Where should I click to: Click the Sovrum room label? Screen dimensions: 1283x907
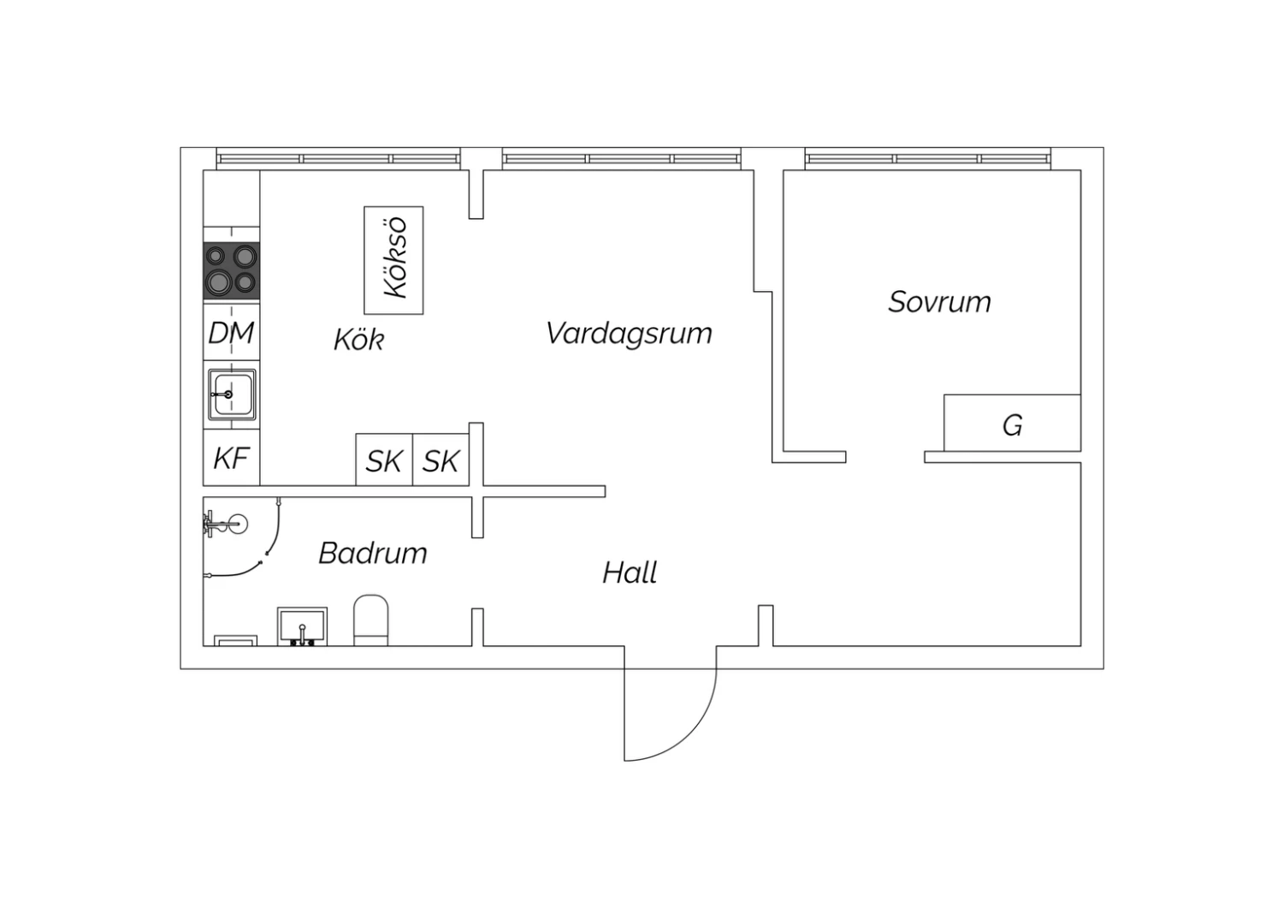point(939,302)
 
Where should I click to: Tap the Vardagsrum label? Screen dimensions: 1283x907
point(629,334)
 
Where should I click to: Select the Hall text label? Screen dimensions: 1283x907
point(630,572)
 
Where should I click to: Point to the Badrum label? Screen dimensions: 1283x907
point(373,553)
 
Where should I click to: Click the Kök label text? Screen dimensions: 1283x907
point(359,339)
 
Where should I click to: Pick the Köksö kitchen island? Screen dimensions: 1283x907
point(394,260)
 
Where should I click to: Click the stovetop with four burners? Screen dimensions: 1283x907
point(232,270)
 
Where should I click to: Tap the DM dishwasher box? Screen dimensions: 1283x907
point(232,332)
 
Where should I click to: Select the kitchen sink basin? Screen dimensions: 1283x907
point(232,394)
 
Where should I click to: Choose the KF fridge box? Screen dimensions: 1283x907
point(232,458)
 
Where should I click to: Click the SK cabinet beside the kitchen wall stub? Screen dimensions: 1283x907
point(441,460)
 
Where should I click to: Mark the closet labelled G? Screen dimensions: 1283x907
point(1012,423)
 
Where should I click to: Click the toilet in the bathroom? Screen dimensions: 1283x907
point(371,620)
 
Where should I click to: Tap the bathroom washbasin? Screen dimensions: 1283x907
point(303,627)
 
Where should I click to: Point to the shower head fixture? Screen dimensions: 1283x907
point(226,523)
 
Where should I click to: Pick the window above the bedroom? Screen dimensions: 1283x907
point(928,158)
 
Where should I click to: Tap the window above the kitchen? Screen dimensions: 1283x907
point(339,158)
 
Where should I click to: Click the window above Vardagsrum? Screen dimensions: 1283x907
point(622,158)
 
